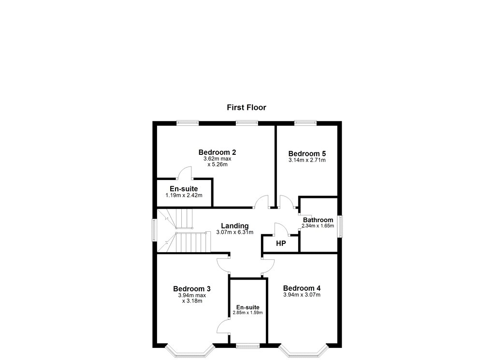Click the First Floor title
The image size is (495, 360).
[246, 107]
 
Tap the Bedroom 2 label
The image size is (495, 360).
[217, 152]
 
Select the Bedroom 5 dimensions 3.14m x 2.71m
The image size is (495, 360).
[307, 160]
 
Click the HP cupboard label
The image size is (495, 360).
[281, 243]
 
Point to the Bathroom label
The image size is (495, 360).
[318, 220]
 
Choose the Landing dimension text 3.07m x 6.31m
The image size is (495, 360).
[234, 232]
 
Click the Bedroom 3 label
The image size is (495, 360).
[192, 288]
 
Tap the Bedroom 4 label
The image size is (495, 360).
[302, 288]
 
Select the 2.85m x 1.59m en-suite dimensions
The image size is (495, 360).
[248, 313]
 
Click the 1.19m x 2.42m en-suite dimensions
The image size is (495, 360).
[184, 195]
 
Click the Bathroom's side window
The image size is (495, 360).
[340, 226]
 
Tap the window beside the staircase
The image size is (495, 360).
[154, 230]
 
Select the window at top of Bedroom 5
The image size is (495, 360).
[306, 123]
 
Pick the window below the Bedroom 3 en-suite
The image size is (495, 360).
[248, 346]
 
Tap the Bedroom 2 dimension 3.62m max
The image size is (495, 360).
[217, 159]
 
